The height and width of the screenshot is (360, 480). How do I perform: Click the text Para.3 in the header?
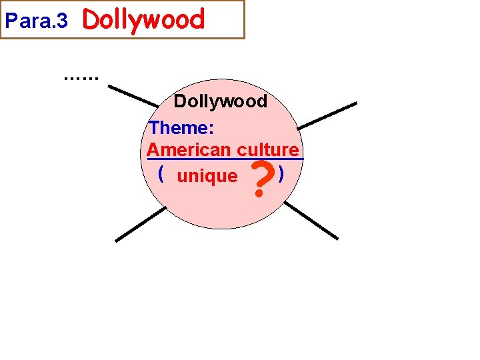[36, 21]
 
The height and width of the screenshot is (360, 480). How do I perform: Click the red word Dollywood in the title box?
[143, 20]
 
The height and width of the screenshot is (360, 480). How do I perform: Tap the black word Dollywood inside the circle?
[220, 101]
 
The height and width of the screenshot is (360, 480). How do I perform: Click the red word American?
[189, 149]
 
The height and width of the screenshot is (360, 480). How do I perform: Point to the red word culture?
[267, 149]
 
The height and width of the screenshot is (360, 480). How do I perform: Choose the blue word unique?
[207, 176]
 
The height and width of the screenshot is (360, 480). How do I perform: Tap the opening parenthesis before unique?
[161, 175]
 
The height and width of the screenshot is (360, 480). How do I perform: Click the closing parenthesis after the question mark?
[283, 175]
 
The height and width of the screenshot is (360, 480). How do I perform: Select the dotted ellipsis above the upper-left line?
[81, 77]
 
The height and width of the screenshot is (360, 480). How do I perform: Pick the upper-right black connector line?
[327, 115]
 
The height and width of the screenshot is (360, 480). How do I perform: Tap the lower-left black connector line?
[140, 224]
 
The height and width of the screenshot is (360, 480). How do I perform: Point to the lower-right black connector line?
[311, 220]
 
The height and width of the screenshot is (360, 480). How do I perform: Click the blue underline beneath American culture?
[225, 159]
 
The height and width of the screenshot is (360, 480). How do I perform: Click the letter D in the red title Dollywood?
[89, 20]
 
